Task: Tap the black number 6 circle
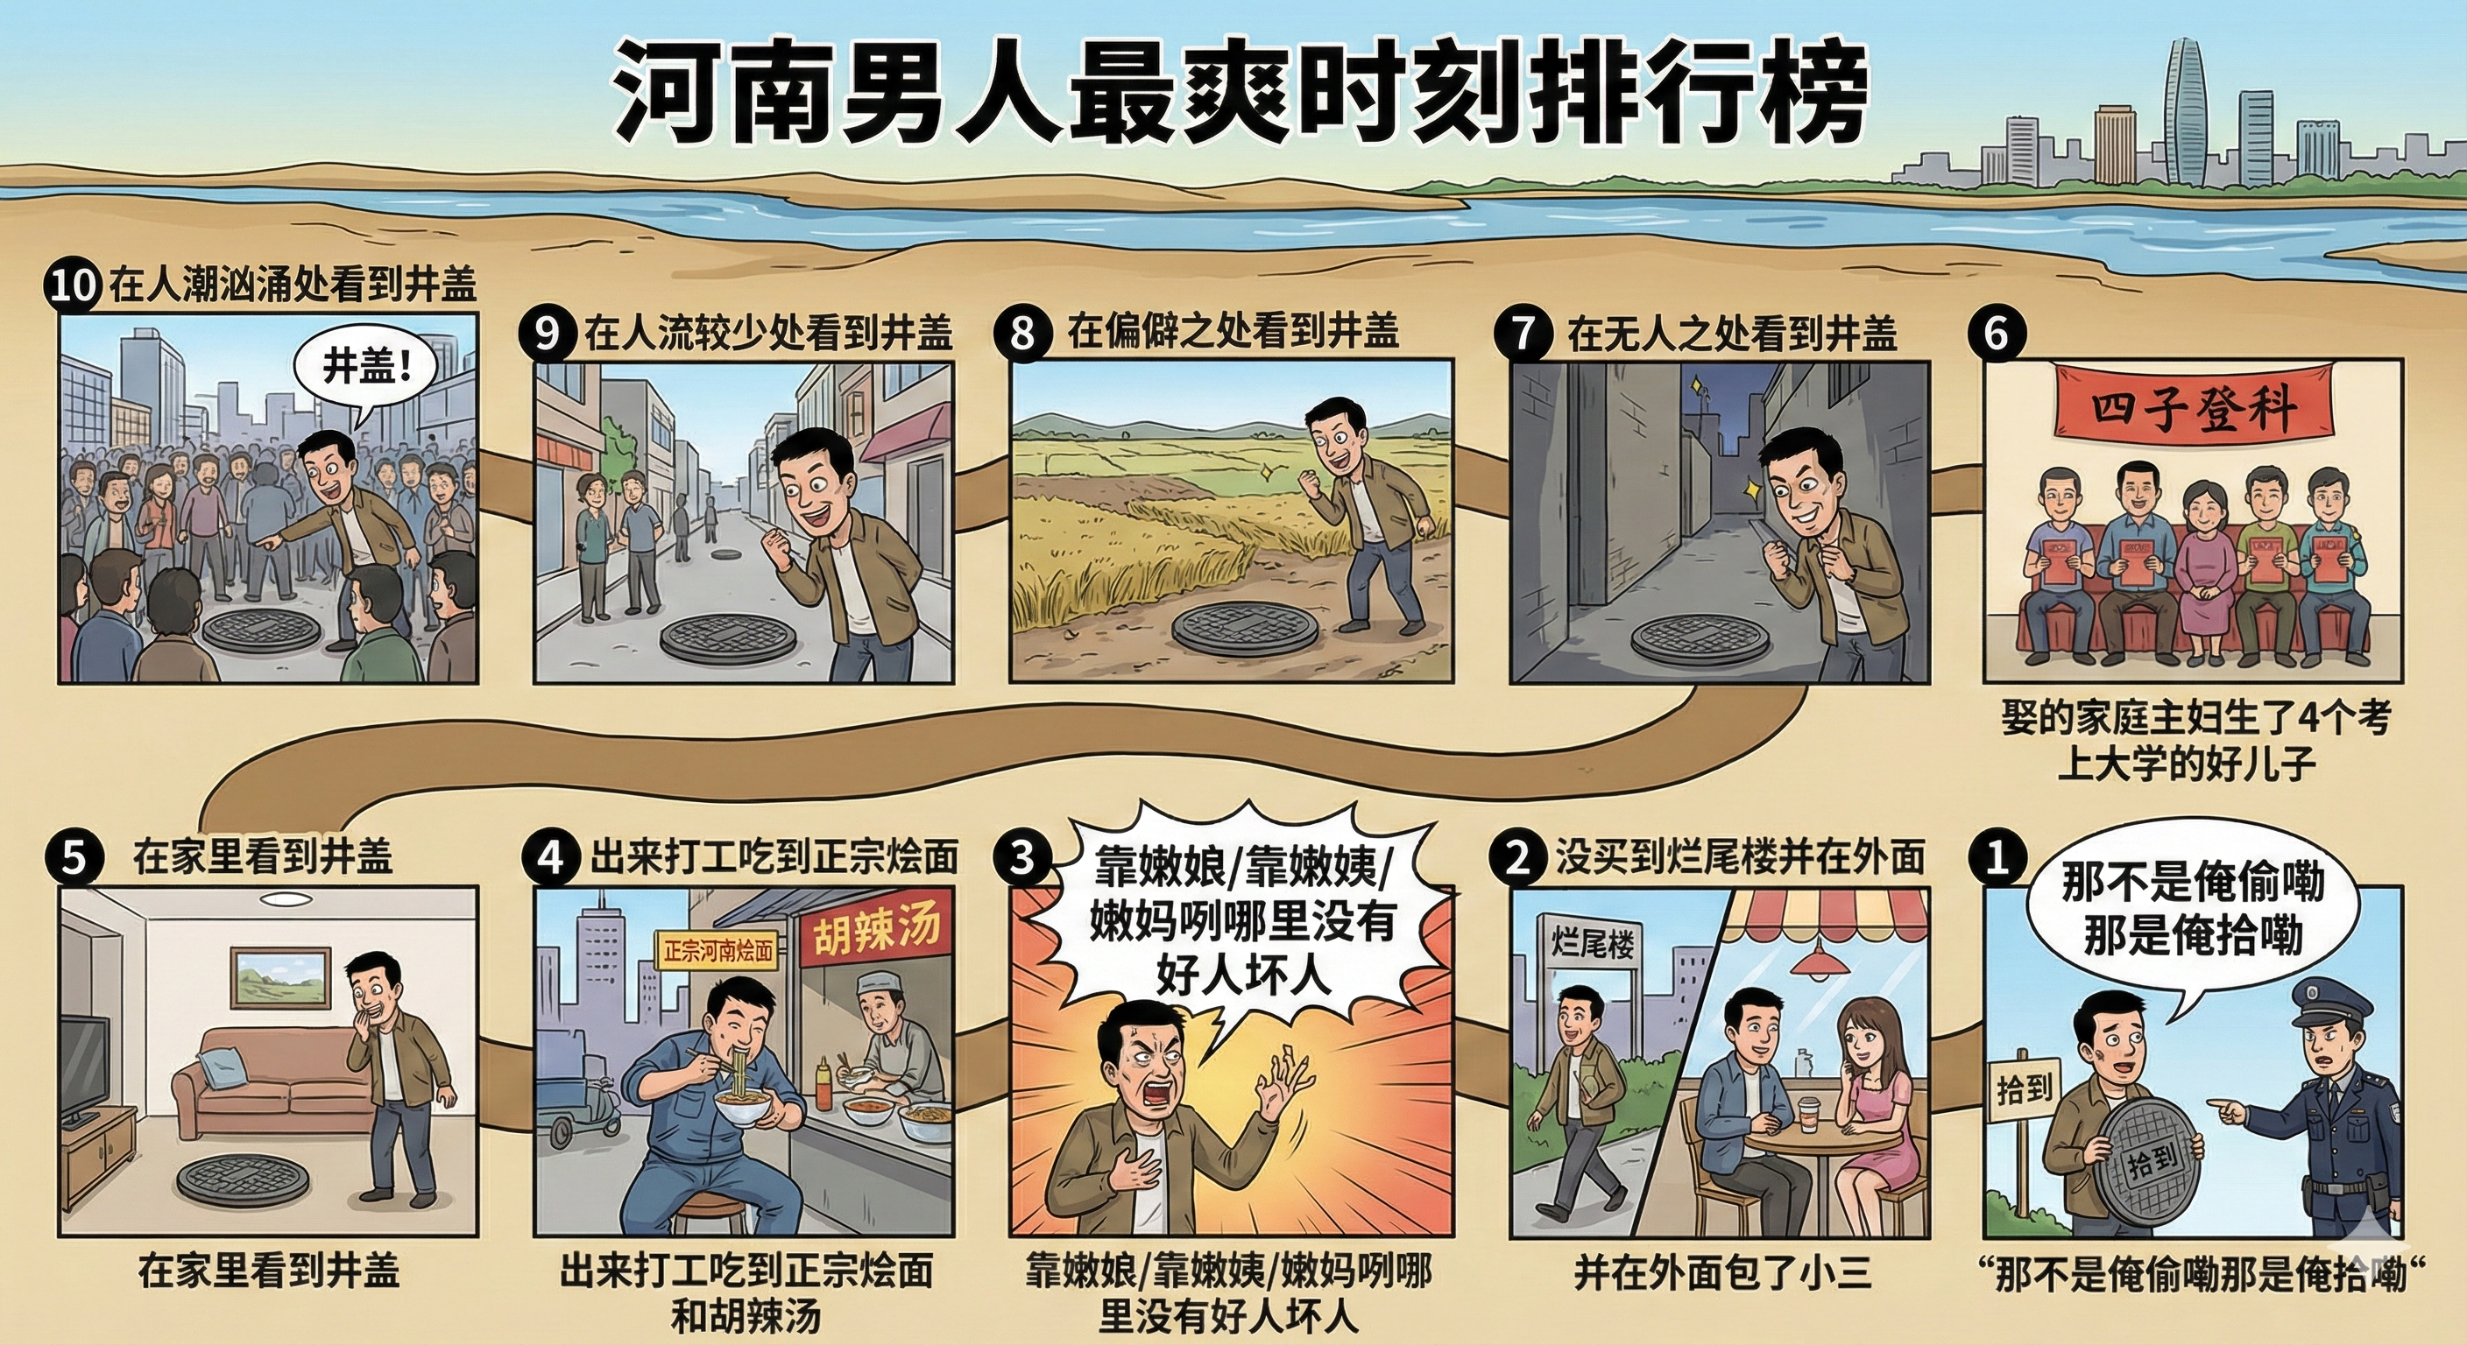pos(1996,334)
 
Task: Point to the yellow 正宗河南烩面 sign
pos(717,952)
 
